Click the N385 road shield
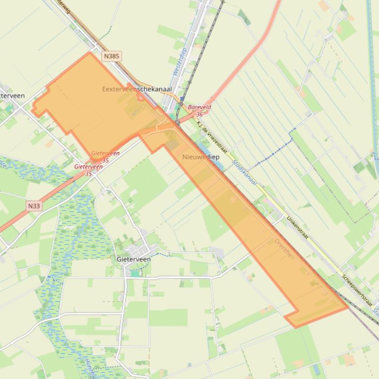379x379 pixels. pyautogui.click(x=111, y=56)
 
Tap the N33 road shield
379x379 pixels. pyautogui.click(x=34, y=206)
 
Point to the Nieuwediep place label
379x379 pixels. pyautogui.click(x=200, y=157)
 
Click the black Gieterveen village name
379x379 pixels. pyautogui.click(x=134, y=259)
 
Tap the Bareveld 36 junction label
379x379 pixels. pyautogui.click(x=200, y=110)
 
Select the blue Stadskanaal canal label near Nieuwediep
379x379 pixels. pyautogui.click(x=244, y=172)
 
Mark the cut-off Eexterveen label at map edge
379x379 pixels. pyautogui.click(x=12, y=95)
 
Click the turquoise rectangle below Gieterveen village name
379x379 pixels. pyautogui.click(x=135, y=273)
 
